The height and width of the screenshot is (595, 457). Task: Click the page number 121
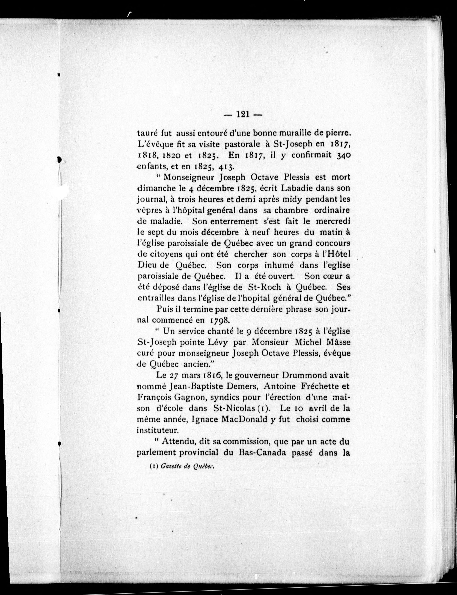[243, 114]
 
